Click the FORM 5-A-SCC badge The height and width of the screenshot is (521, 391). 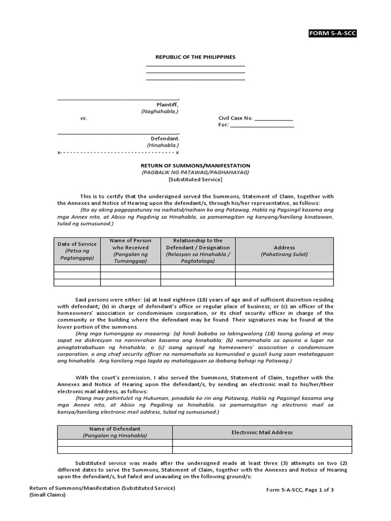332,34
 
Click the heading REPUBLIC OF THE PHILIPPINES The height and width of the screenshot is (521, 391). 195,57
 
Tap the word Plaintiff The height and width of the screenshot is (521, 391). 167,104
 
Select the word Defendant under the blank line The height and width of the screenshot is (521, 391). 165,138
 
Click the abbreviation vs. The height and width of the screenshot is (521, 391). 83,118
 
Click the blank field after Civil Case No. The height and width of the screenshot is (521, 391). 273,118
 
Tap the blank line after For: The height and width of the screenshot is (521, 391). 262,125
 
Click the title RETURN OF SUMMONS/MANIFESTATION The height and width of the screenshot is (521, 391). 195,166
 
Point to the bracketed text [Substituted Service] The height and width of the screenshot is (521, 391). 195,179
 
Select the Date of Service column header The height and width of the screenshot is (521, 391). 77,251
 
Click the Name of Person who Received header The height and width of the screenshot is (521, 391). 130,251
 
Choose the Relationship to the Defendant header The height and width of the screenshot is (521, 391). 198,251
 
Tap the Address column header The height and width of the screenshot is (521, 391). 284,251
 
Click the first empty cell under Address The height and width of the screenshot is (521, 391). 284,268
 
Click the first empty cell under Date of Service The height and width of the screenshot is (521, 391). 77,268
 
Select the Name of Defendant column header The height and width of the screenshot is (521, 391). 115,432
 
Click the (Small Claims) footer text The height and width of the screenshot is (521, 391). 47,495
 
